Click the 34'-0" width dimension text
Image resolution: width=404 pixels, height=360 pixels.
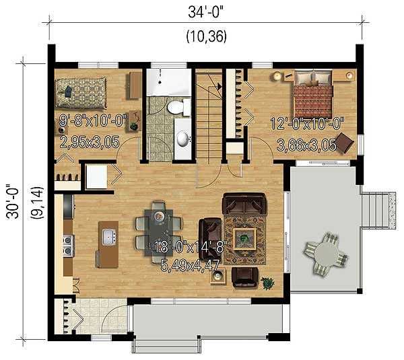click(x=205, y=12)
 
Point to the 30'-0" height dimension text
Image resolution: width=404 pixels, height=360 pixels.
click(x=12, y=202)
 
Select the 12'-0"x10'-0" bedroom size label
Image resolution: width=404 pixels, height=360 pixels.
click(x=308, y=123)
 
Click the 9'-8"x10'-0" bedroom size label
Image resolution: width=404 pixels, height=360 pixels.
click(x=94, y=120)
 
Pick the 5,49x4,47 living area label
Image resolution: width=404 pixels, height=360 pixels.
click(x=190, y=266)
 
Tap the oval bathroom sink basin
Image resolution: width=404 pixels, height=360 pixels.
click(x=183, y=139)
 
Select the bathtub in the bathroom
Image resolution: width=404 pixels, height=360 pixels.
click(x=169, y=82)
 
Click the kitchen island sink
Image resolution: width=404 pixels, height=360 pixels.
click(x=109, y=237)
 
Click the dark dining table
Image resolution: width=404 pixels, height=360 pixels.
click(x=159, y=232)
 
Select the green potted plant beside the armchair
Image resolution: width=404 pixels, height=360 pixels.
click(x=268, y=283)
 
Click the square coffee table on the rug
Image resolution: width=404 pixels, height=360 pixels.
click(x=244, y=239)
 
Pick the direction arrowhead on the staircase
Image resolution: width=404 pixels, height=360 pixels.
click(x=219, y=87)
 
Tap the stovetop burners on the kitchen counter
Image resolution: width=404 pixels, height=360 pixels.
click(x=68, y=245)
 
